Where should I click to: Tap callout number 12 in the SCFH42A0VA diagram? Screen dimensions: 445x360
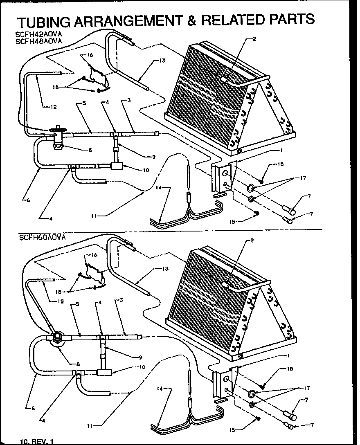[54, 107]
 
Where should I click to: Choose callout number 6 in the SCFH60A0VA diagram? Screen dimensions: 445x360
[28, 407]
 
